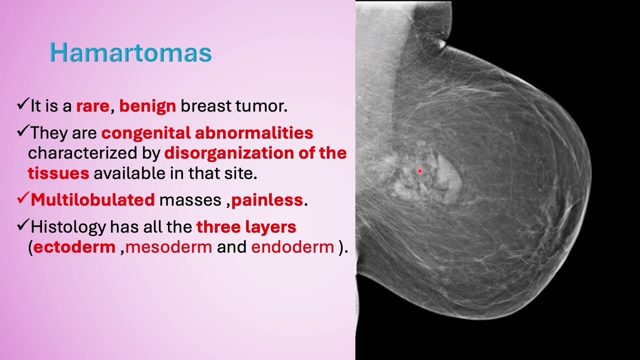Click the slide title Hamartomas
point(130,52)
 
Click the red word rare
point(92,106)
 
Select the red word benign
point(147,106)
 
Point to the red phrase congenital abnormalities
point(207,133)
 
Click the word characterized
point(93,153)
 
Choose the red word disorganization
point(229,153)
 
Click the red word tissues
point(58,173)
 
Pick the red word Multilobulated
point(92,200)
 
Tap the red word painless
point(267,200)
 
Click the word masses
point(190,200)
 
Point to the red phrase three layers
point(246,227)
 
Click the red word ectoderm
point(74,247)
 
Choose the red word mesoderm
point(168,247)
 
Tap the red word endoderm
point(292,247)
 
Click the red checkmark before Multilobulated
point(22,199)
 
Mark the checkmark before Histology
point(22,226)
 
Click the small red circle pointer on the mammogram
point(420,171)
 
